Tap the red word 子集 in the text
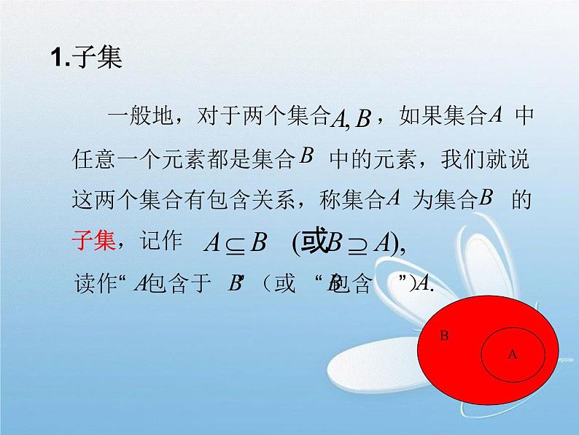(x=96, y=242)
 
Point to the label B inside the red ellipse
(x=444, y=336)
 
